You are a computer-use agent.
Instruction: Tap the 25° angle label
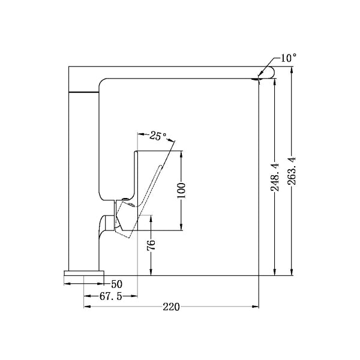(x=158, y=136)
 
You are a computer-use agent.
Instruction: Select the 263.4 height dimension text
(x=292, y=172)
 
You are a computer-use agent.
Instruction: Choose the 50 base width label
(x=116, y=284)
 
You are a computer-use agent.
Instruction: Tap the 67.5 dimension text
(x=110, y=296)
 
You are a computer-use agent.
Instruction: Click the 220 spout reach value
(x=171, y=307)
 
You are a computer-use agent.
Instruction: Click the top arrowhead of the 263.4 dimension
(x=292, y=69)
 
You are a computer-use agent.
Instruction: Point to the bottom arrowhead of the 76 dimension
(x=151, y=273)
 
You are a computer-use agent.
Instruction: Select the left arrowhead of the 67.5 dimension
(x=86, y=296)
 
